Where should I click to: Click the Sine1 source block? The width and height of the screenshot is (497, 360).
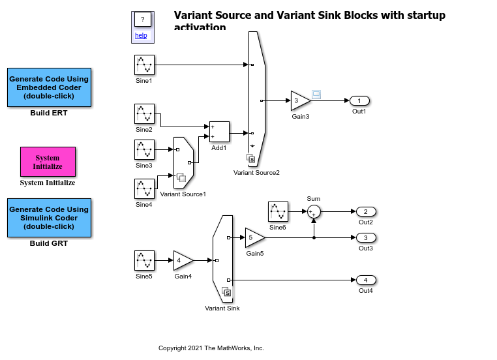tap(144, 65)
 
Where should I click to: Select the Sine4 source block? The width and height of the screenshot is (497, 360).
tap(144, 189)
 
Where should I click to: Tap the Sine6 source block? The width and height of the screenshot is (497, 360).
tap(278, 211)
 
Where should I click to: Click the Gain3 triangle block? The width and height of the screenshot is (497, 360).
tap(299, 100)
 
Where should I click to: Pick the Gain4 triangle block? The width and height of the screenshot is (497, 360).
tap(182, 260)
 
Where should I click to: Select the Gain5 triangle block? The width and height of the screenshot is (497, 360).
tap(254, 237)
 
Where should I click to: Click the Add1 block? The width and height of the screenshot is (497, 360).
tap(218, 132)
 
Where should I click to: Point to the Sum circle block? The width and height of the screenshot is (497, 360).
tap(314, 211)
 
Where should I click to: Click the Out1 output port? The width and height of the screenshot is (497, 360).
tap(359, 100)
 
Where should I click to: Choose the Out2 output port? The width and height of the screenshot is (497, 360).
tap(365, 211)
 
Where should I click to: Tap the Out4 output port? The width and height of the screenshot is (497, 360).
tap(365, 280)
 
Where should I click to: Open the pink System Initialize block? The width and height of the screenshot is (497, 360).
tap(48, 162)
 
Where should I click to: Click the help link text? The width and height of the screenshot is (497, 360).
tap(142, 35)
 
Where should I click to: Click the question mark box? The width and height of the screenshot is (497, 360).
tap(142, 20)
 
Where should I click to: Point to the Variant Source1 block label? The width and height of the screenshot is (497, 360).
tap(183, 194)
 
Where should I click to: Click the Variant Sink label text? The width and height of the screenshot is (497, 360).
tap(222, 308)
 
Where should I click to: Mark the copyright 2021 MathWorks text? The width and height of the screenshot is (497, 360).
tap(211, 348)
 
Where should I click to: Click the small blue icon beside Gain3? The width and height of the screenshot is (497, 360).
tap(316, 95)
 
